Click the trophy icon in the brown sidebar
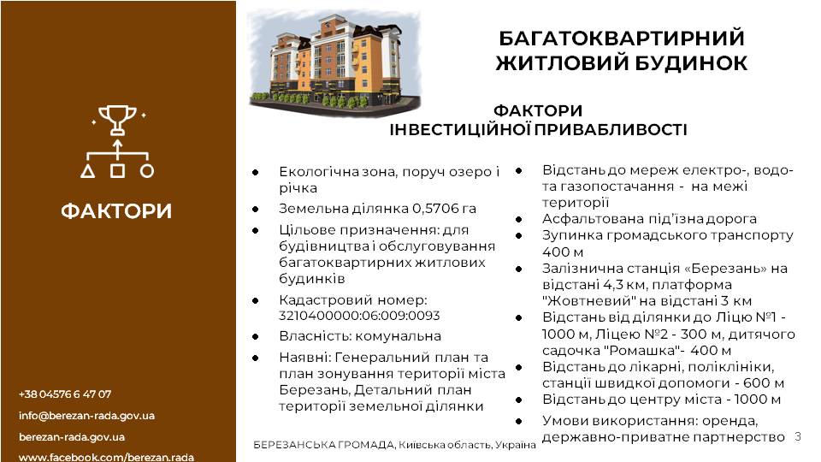[x=118, y=120]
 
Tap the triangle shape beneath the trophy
[x=88, y=171]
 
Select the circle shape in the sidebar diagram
[x=147, y=171]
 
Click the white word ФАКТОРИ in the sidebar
[x=116, y=211]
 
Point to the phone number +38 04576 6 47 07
[x=65, y=394]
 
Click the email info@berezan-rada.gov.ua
[x=87, y=416]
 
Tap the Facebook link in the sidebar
[x=106, y=457]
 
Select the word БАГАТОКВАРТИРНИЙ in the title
[x=622, y=38]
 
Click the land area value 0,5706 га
[x=445, y=209]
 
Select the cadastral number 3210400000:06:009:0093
[x=359, y=316]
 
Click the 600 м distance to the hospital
[x=764, y=383]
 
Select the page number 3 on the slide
[x=798, y=435]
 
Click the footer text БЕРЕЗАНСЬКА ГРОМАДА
[x=323, y=445]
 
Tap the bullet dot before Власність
[x=256, y=336]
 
